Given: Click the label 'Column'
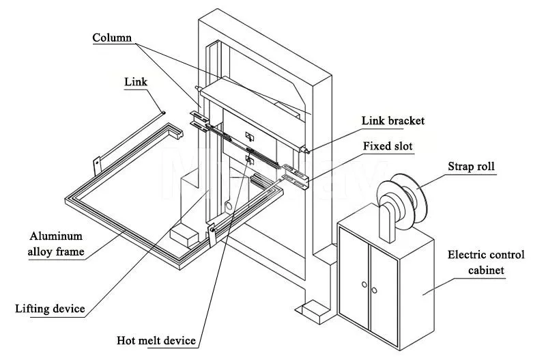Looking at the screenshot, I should pyautogui.click(x=112, y=38).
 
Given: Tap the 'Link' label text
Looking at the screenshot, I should pyautogui.click(x=135, y=81).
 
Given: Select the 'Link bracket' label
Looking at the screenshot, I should pyautogui.click(x=392, y=121).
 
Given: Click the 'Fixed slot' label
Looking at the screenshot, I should pyautogui.click(x=387, y=146).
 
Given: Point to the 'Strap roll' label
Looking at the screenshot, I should pyautogui.click(x=470, y=166).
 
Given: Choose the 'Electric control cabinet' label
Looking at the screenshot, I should pyautogui.click(x=486, y=262).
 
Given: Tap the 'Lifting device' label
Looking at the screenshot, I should pyautogui.click(x=50, y=309).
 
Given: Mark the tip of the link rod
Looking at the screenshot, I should pyautogui.click(x=163, y=112).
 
